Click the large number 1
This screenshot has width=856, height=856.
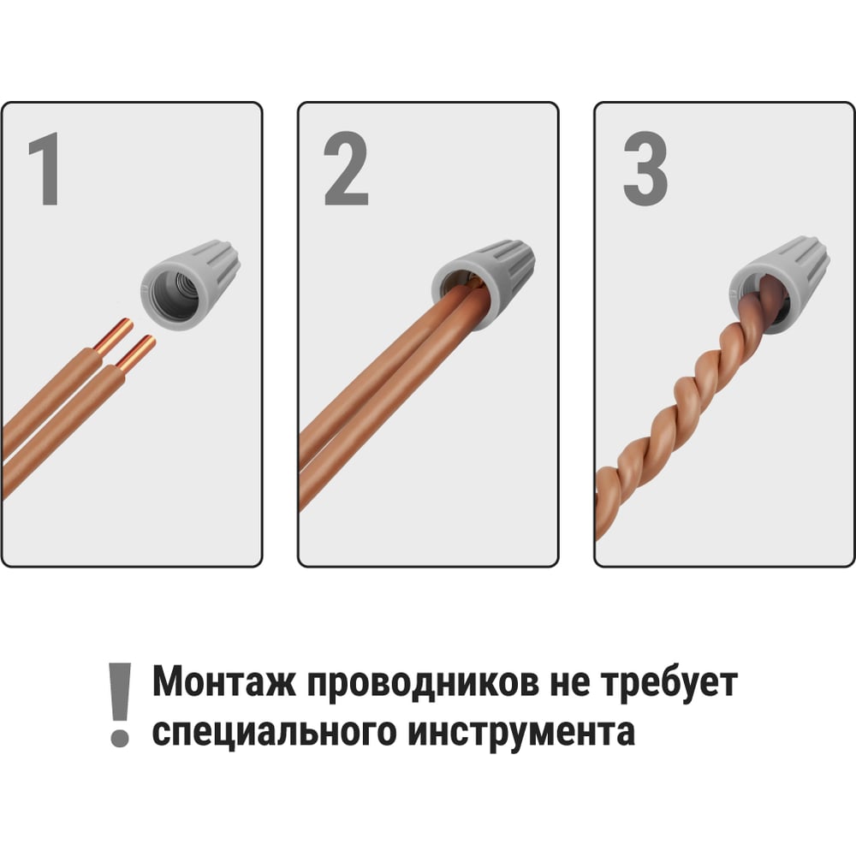click(45, 169)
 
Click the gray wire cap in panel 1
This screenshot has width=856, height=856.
click(190, 284)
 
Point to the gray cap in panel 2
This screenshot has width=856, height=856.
click(484, 284)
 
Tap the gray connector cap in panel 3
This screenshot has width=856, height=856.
click(781, 285)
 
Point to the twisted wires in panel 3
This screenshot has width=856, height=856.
click(682, 407)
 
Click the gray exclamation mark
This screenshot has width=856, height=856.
click(120, 704)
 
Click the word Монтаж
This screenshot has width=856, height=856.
click(223, 682)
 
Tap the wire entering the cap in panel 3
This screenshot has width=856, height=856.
click(764, 306)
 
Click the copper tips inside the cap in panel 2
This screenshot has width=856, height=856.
click(473, 282)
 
